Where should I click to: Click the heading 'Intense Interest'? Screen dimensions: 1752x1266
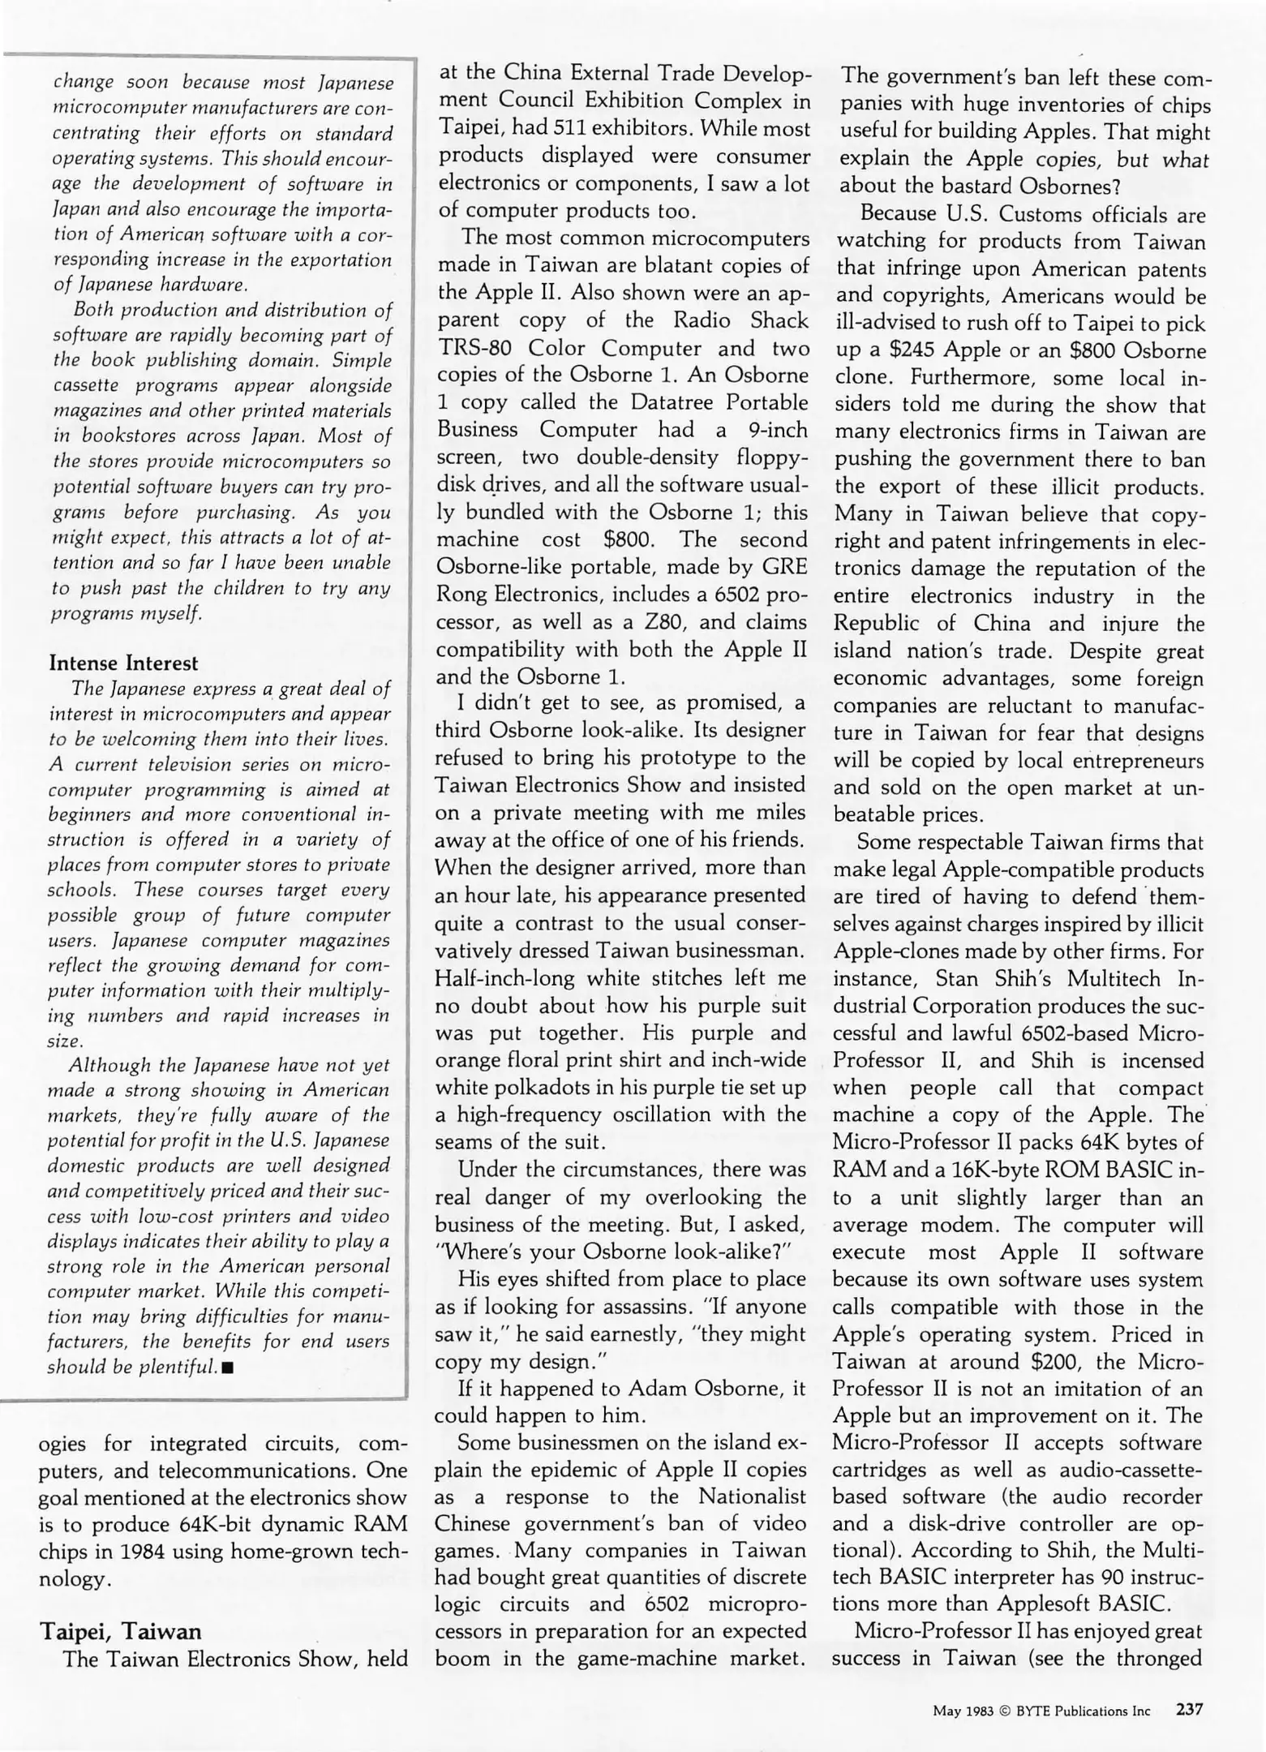(123, 663)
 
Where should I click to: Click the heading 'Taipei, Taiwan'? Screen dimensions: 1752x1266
(120, 1630)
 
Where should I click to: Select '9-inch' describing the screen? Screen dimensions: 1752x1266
(775, 429)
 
